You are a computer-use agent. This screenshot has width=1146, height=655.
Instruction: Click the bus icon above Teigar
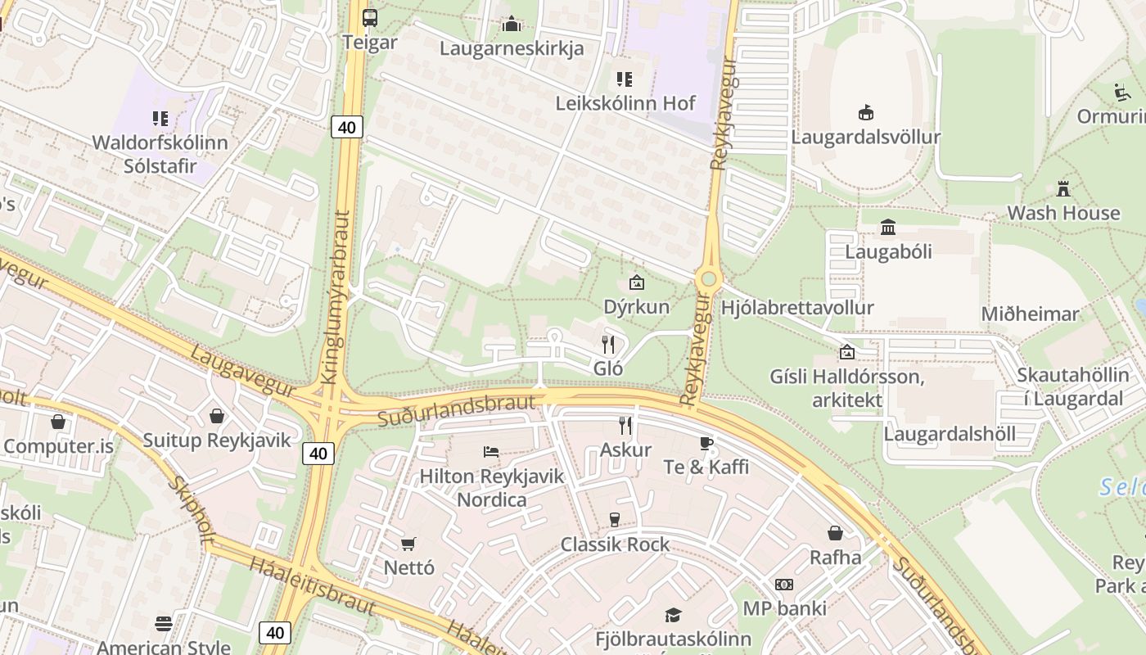point(370,17)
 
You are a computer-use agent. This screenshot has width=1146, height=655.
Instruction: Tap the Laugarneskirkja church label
point(512,48)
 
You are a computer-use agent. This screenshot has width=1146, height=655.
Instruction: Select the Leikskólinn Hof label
point(625,103)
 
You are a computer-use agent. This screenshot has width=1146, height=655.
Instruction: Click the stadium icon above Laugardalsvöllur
point(865,112)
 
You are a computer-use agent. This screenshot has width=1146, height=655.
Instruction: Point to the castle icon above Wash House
point(1063,188)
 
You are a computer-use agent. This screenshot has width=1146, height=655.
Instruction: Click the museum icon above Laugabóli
point(888,227)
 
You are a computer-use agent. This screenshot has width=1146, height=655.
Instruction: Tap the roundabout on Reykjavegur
point(709,280)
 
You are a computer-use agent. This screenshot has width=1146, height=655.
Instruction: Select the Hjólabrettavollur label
point(797,308)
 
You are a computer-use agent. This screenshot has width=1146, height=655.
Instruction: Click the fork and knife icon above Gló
point(608,344)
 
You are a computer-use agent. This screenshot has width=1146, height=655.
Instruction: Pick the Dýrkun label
point(636,307)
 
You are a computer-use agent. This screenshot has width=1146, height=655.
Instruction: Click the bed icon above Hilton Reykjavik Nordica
point(491,451)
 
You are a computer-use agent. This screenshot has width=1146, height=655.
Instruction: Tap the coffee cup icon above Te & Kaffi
point(706,444)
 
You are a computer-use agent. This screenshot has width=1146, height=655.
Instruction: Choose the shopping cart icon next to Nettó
point(408,544)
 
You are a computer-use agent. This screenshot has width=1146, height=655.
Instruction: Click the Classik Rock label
point(615,544)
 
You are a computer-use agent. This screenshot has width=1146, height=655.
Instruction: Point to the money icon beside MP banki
point(784,585)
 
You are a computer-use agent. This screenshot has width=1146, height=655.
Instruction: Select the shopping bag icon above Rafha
point(835,533)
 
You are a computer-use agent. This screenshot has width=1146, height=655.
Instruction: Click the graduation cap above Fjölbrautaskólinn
point(673,615)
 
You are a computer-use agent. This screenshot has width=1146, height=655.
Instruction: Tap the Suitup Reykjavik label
point(217,440)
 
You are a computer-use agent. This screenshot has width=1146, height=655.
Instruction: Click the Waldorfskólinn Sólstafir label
point(160,154)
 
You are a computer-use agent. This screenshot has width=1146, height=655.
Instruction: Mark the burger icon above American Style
point(164,624)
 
